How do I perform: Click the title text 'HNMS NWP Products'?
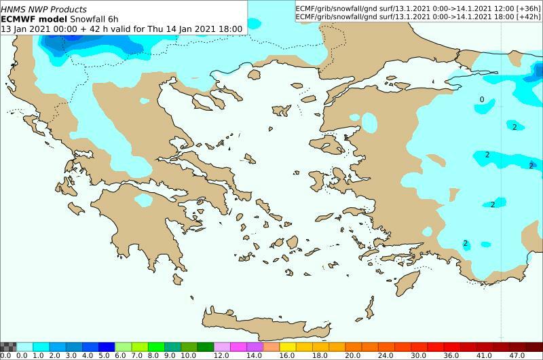44,10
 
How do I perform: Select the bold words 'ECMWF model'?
33,19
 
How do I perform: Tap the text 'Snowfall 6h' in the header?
92,19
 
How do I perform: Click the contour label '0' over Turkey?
482,100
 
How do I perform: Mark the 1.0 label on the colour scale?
38,355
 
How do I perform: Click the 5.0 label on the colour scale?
104,355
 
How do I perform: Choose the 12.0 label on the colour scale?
221,355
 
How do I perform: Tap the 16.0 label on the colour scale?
286,355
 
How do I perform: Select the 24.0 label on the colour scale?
385,355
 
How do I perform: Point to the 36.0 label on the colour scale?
451,355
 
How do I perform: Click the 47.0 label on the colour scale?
517,355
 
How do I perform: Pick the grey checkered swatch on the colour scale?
7,346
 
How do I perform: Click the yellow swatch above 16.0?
286,346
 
